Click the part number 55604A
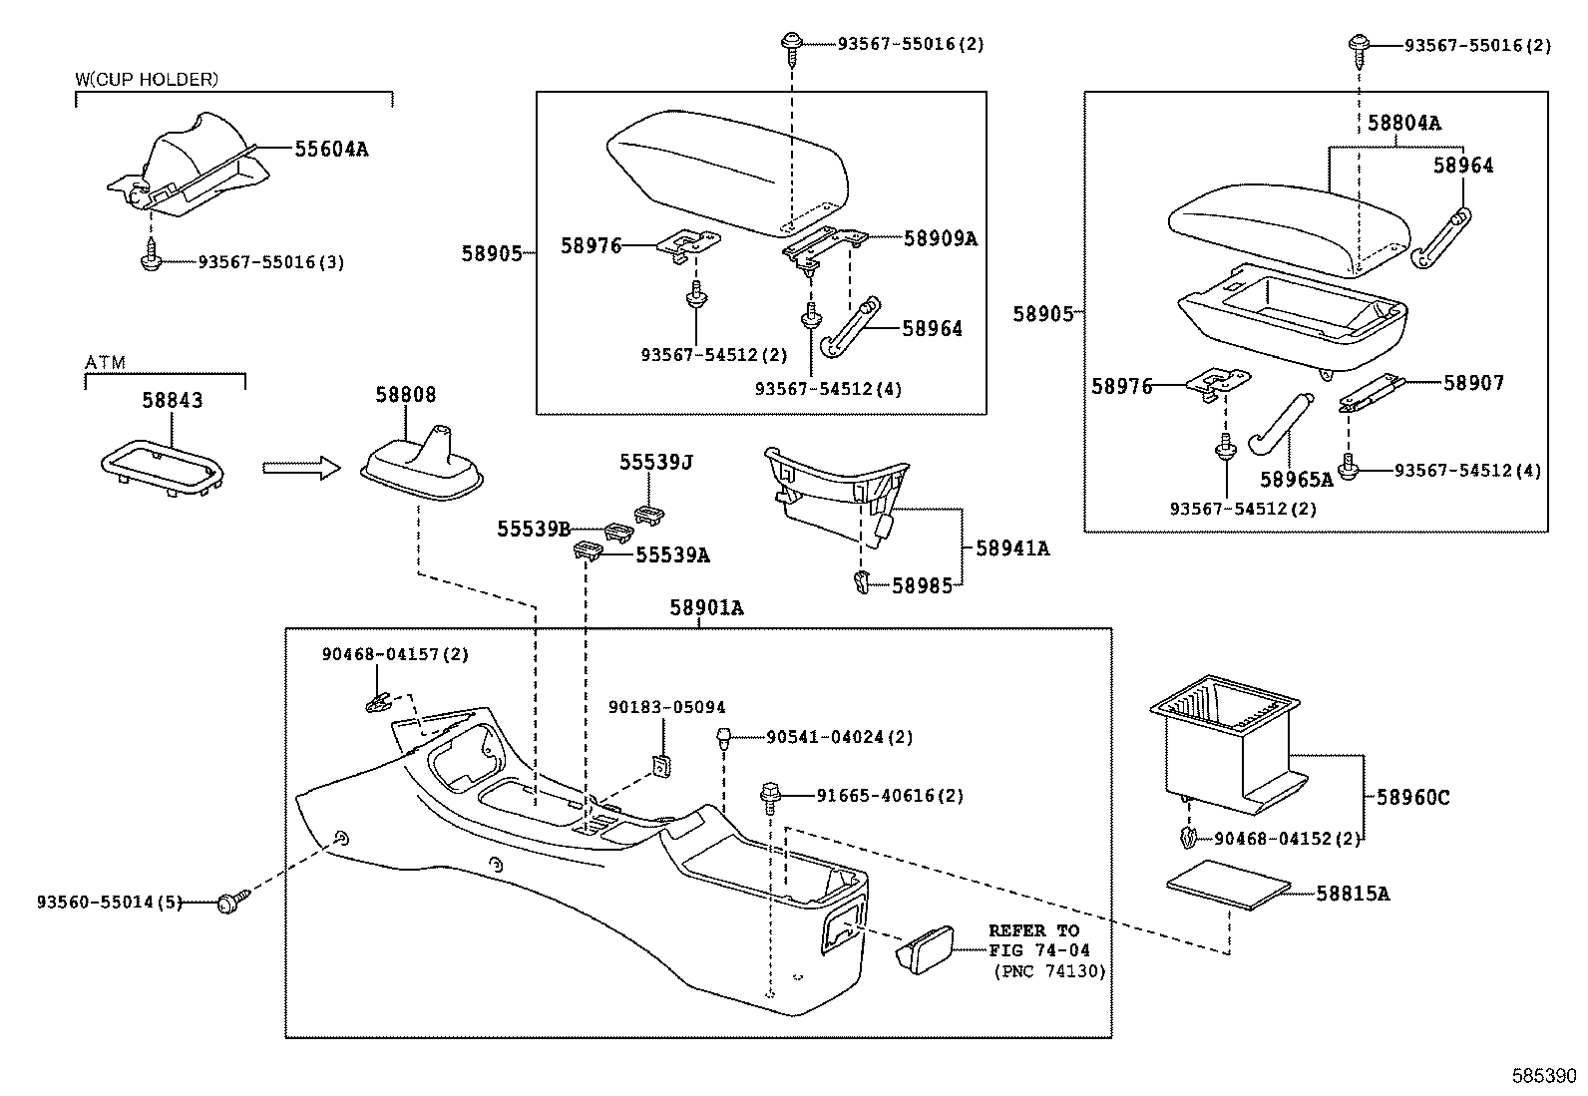tap(330, 149)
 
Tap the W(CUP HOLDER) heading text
tap(147, 79)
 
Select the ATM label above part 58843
tap(105, 362)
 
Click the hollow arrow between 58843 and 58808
tap(301, 468)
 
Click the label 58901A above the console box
tap(706, 607)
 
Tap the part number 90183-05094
tap(666, 707)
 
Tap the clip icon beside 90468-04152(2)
tap(1187, 838)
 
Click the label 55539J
tap(655, 462)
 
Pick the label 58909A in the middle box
tap(940, 238)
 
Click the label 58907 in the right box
tap(1473, 382)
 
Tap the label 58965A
tap(1296, 479)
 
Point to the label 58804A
tap(1403, 123)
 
